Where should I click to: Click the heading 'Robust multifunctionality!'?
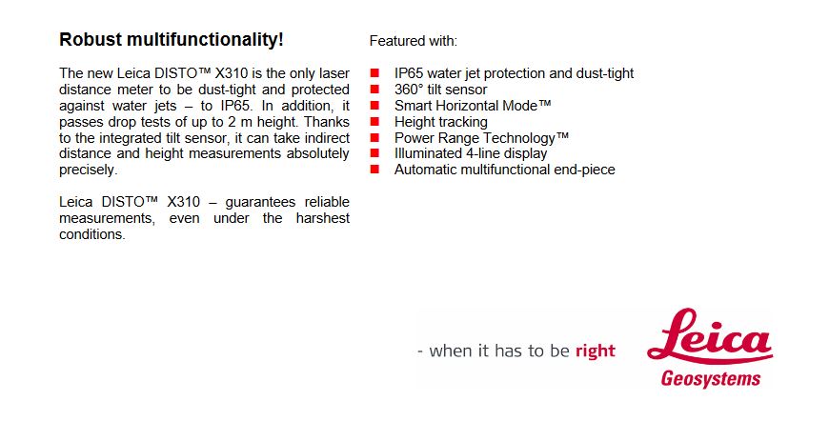tap(172, 40)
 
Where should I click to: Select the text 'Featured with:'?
tap(414, 41)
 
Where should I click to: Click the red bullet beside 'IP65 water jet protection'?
tap(374, 73)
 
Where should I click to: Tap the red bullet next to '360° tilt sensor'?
tap(374, 90)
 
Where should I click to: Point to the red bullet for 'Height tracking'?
tap(374, 122)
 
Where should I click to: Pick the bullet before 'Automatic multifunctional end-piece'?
tap(374, 169)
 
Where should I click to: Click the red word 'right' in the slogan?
tap(596, 351)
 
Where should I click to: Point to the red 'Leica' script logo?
tap(710, 336)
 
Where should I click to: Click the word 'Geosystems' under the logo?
tap(711, 379)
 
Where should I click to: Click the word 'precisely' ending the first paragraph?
tap(87, 170)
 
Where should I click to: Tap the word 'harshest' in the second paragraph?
tap(322, 218)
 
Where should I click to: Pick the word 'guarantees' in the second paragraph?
tap(260, 202)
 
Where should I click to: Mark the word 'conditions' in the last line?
tap(91, 234)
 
